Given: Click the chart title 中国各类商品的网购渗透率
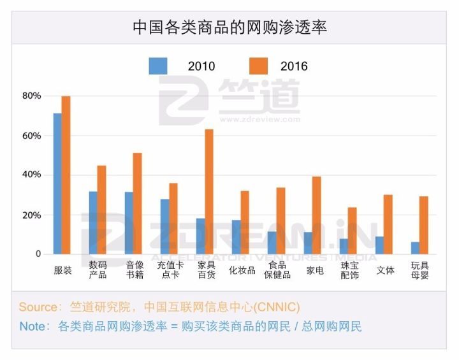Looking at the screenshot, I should pyautogui.click(x=229, y=27).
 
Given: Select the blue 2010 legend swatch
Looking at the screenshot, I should pyautogui.click(x=158, y=66).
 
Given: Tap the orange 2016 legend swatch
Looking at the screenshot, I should pyautogui.click(x=258, y=66).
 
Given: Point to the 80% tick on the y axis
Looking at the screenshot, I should pyautogui.click(x=31, y=96).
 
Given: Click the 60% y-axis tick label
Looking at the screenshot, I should pyautogui.click(x=31, y=136).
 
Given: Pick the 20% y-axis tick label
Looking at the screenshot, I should pyautogui.click(x=31, y=215).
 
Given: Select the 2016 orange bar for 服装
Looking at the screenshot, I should pyautogui.click(x=66, y=175).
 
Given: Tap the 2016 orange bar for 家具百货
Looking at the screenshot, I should pyautogui.click(x=208, y=192).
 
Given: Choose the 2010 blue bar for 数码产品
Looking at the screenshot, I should pyautogui.click(x=93, y=222).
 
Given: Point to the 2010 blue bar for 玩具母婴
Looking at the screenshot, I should pyautogui.click(x=415, y=248).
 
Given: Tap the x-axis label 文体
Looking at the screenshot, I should pyautogui.click(x=385, y=270).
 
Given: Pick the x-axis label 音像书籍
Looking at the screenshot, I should pyautogui.click(x=134, y=270).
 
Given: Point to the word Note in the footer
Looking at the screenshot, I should pyautogui.click(x=33, y=327).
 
